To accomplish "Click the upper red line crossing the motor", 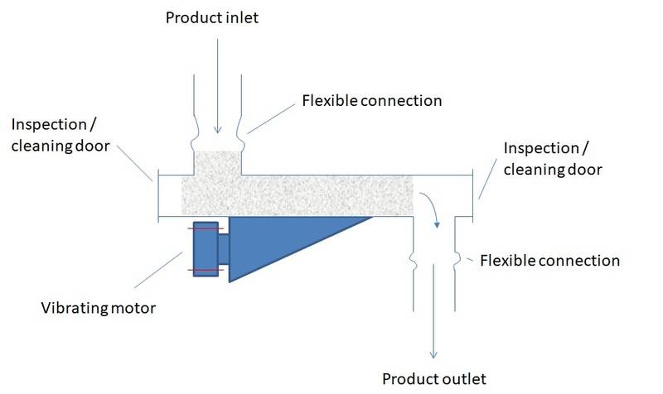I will [x=205, y=229].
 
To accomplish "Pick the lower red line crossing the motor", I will [x=205, y=270].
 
